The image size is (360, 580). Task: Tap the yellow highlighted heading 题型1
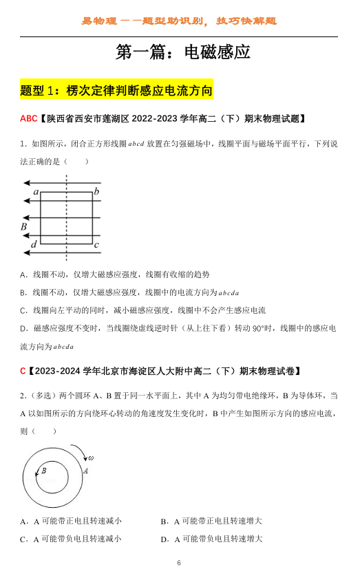click(116, 90)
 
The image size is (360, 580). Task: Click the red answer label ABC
click(28, 118)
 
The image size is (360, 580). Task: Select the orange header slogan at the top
click(179, 21)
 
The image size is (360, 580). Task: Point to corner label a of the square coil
click(36, 192)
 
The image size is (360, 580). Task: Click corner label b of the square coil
click(97, 191)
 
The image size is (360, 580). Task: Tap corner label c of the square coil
click(97, 244)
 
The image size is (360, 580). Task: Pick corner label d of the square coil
click(34, 244)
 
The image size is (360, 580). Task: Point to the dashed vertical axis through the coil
click(66, 220)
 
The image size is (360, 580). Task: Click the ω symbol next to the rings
click(90, 458)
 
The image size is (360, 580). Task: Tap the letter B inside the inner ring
click(44, 471)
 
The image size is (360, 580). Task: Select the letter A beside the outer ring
click(85, 471)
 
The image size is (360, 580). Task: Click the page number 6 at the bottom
click(179, 563)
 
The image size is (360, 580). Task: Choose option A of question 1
click(115, 274)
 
